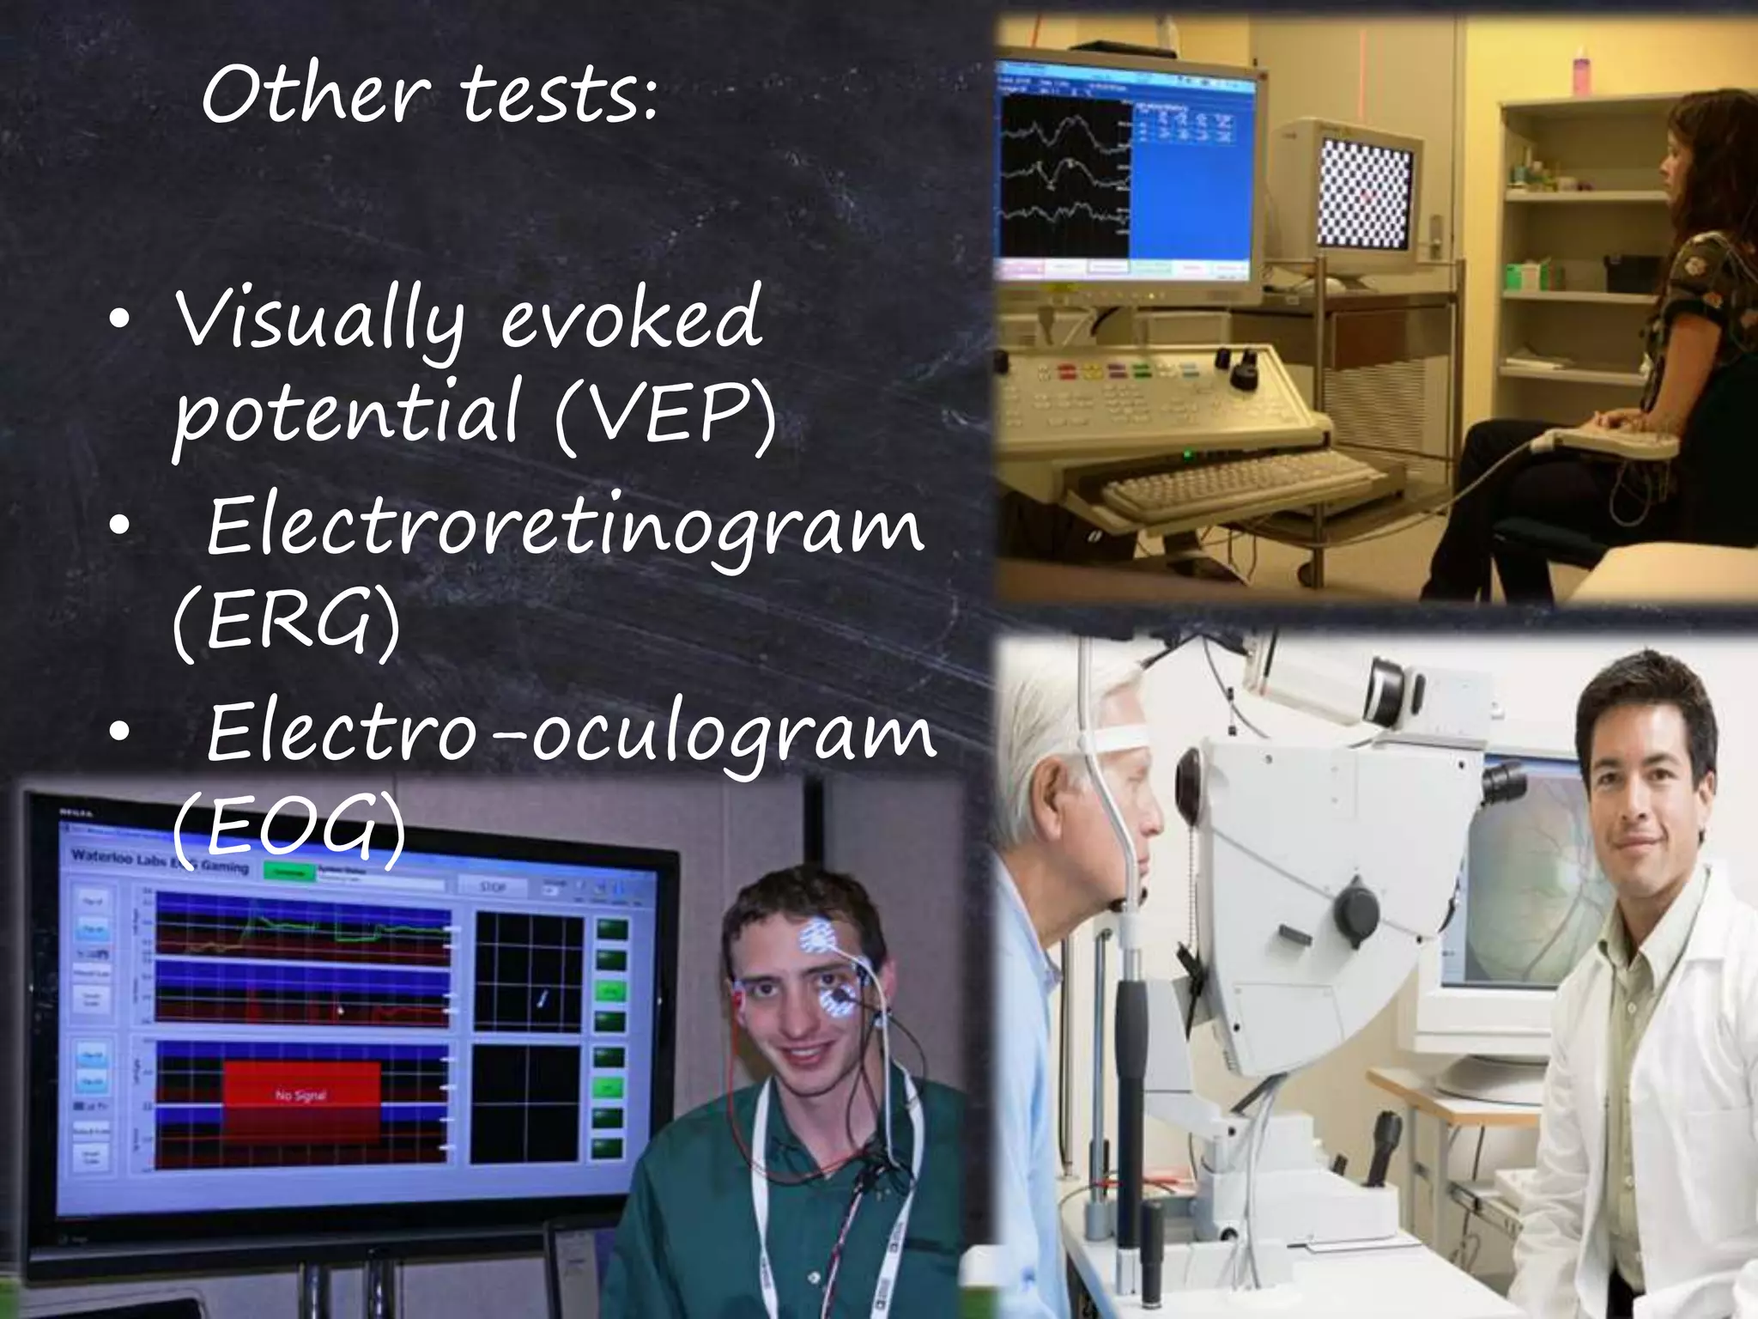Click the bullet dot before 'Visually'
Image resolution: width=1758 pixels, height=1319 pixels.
(x=120, y=319)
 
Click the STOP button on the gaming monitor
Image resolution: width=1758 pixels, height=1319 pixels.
(x=493, y=885)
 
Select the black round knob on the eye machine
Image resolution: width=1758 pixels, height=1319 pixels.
(x=1356, y=909)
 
